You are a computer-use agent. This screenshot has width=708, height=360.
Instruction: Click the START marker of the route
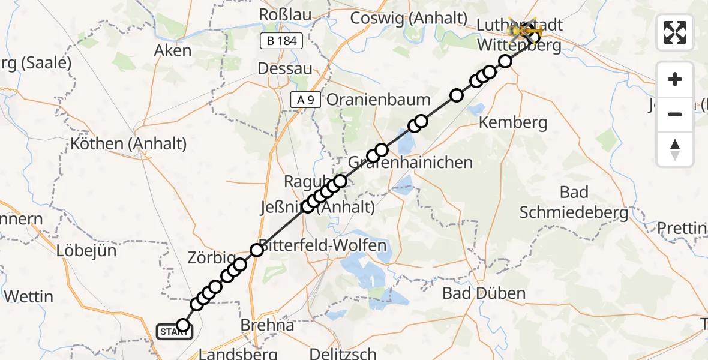coord(175,331)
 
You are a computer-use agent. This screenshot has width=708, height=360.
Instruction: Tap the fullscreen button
coord(675,32)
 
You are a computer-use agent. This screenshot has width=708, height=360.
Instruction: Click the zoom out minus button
coord(675,114)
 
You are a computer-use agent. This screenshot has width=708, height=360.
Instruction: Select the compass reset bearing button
coord(675,149)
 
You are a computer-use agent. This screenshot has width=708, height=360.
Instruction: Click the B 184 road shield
coord(281,41)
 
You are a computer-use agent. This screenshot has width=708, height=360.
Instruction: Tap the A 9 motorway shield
coord(305,100)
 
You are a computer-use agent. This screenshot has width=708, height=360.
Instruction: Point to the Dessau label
coord(285,68)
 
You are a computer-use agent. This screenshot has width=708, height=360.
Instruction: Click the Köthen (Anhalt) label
coord(128,144)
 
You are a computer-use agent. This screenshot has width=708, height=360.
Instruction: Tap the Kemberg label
coord(513,123)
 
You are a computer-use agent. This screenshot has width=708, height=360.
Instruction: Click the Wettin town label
coord(28,296)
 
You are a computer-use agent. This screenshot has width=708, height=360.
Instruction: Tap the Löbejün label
coord(86,251)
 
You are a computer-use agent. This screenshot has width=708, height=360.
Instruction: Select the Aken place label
coord(173,50)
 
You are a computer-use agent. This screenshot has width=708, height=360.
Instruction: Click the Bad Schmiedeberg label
coord(574,202)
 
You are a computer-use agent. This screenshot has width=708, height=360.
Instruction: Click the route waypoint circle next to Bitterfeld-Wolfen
coord(257,250)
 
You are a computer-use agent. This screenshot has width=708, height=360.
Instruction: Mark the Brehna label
coord(267,325)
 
